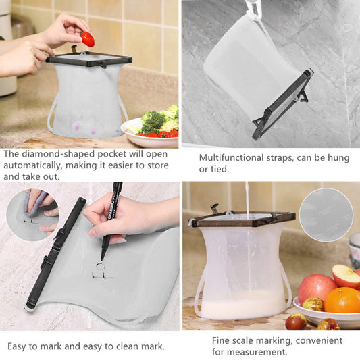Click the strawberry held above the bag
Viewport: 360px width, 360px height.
[88, 39]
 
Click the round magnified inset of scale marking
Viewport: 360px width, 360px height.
[326, 215]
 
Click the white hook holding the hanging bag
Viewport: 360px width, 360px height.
[253, 9]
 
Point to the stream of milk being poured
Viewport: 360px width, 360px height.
[247, 199]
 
